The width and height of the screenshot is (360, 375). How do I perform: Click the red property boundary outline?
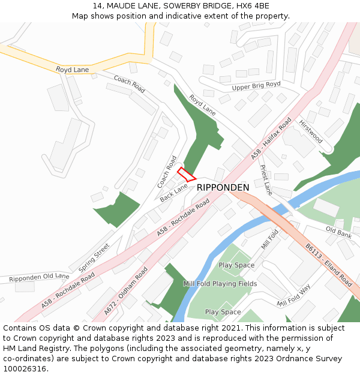point(187,174)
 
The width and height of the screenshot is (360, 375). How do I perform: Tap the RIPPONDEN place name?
point(223,188)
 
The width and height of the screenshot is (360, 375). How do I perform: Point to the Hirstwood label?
point(311,131)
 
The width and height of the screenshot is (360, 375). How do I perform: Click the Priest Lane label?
point(266,180)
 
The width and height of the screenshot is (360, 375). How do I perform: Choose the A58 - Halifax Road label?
point(271,139)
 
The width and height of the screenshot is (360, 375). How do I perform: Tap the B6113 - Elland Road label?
point(328,263)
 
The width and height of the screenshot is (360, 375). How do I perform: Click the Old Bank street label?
point(338,232)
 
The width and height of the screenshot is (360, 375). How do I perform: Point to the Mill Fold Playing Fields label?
point(220,284)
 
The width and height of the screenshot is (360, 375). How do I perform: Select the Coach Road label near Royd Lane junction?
point(129,84)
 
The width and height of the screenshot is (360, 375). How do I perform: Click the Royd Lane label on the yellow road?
point(72,70)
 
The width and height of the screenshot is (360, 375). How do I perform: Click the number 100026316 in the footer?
point(26,368)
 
